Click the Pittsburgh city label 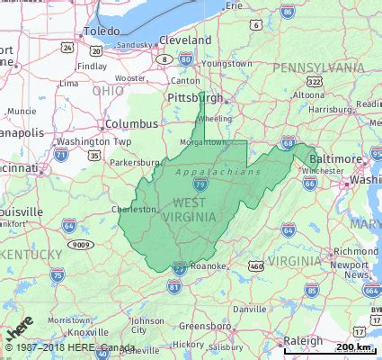tap(195, 97)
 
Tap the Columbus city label tap(131, 124)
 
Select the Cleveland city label tap(185, 40)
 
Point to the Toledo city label tap(101, 31)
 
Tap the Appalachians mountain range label tap(218, 171)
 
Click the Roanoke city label tap(208, 266)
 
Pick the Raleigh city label tap(302, 341)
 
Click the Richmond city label tap(331, 252)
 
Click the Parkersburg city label tap(134, 163)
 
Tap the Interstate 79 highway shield tap(200, 184)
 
